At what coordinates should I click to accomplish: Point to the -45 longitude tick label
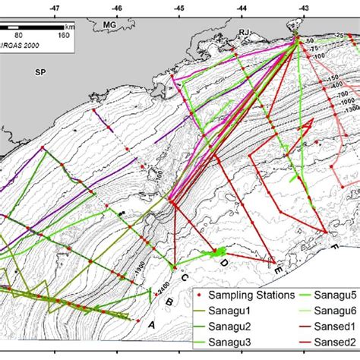pos(178,7)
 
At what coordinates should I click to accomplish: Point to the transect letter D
pos(224,263)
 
